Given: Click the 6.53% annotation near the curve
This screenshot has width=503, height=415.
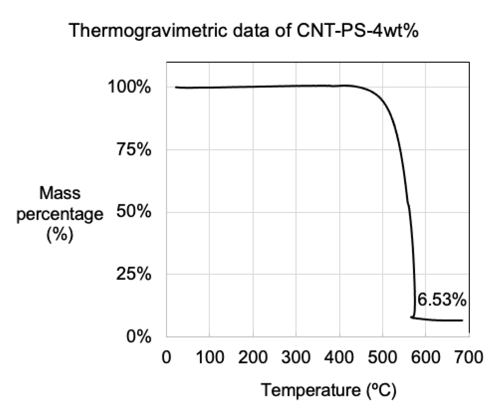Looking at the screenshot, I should click(441, 300).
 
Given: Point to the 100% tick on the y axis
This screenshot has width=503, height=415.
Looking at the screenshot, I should click(129, 87).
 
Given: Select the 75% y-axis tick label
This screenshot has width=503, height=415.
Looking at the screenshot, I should click(133, 150).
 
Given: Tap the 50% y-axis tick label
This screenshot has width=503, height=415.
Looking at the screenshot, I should click(133, 212).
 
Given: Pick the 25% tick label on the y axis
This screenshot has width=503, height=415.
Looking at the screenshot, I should click(133, 274).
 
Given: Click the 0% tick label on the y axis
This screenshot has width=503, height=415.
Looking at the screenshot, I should click(138, 337).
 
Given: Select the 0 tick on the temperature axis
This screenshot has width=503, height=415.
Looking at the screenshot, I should click(166, 357).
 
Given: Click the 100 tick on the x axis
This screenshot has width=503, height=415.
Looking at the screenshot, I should click(210, 357).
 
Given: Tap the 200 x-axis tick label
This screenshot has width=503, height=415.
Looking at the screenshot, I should click(253, 357).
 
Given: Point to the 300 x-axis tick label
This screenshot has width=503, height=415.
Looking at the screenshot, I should click(296, 357).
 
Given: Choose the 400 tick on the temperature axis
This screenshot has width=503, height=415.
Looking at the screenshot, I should click(339, 357).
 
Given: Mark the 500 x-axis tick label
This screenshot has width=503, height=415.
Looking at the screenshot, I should click(382, 357).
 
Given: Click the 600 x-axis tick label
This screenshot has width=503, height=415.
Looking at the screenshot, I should click(425, 357).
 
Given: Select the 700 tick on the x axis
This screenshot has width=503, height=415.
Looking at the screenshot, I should click(469, 357).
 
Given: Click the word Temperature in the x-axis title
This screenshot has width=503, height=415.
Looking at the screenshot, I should click(310, 390).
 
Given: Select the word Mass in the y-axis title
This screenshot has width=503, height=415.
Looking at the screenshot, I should click(60, 193).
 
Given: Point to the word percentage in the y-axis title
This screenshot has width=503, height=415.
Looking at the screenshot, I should click(60, 214).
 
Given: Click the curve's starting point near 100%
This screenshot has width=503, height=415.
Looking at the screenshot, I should click(176, 87).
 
